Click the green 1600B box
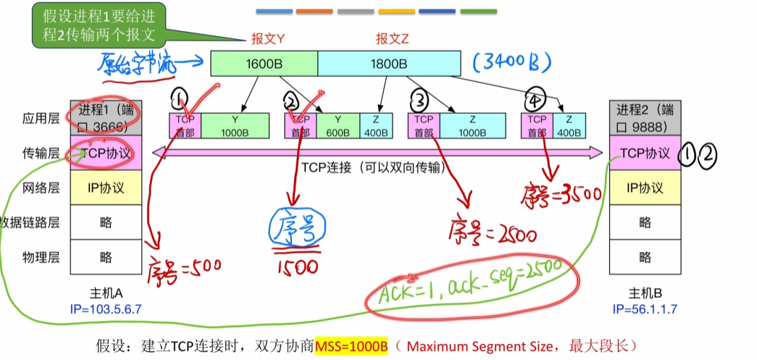[x=264, y=64]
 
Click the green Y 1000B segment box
[x=233, y=125]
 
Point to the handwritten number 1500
[x=296, y=267]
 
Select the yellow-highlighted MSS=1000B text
[x=351, y=345]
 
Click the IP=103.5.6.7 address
[x=106, y=309]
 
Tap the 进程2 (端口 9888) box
[x=645, y=118]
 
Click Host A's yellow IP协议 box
[x=106, y=188]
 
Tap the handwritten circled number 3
[x=420, y=98]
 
